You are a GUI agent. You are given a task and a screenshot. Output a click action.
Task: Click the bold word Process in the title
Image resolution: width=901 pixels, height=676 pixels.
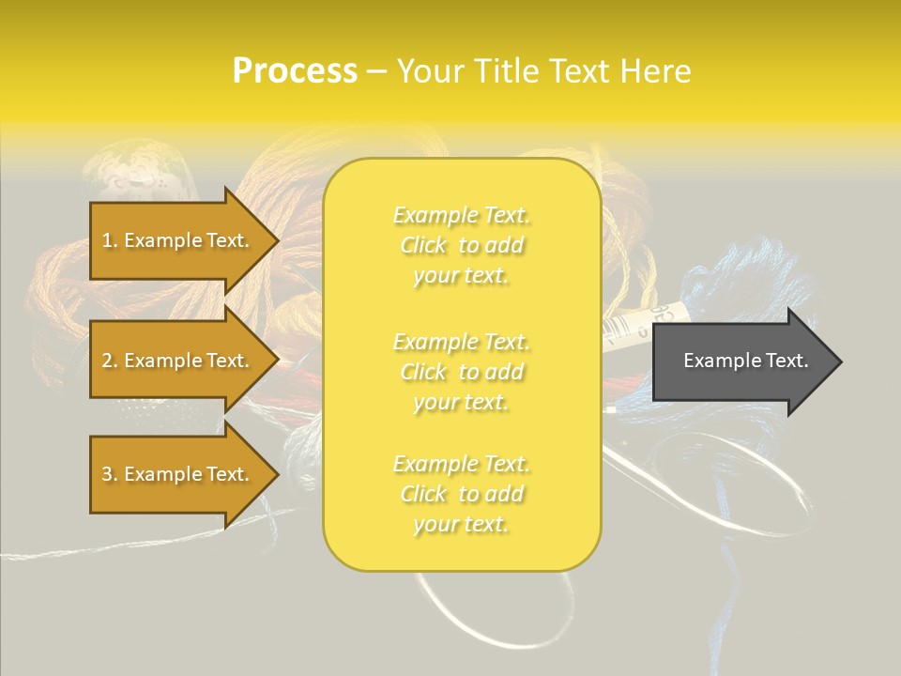(295, 71)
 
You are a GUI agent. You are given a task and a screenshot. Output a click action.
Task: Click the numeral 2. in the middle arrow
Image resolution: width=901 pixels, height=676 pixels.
(110, 361)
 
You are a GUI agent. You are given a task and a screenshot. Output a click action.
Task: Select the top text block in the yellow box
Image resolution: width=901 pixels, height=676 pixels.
(462, 245)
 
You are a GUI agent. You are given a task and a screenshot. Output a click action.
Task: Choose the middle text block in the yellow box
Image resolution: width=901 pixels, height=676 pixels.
(462, 372)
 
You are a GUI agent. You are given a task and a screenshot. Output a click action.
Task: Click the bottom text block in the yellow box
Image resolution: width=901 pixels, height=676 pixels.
(462, 494)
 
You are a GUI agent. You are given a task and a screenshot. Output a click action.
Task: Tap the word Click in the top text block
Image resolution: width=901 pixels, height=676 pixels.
(423, 245)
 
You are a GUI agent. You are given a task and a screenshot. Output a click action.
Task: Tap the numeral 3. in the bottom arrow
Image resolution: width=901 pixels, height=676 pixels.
(110, 474)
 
